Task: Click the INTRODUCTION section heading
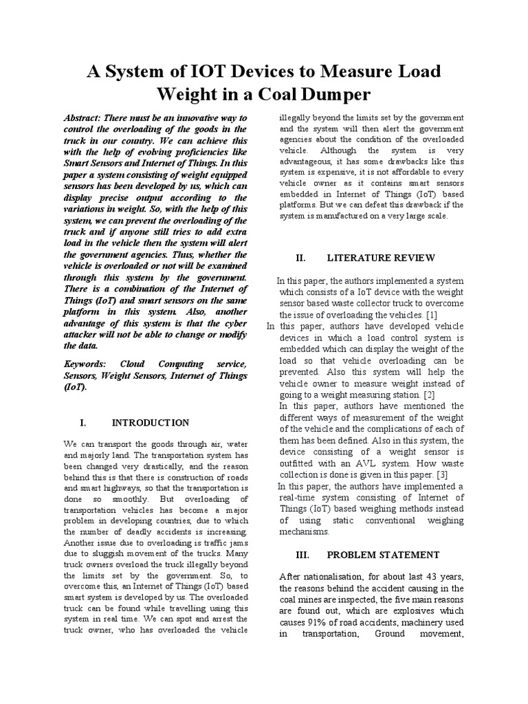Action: [151, 422]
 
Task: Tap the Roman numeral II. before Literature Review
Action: [300, 258]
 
